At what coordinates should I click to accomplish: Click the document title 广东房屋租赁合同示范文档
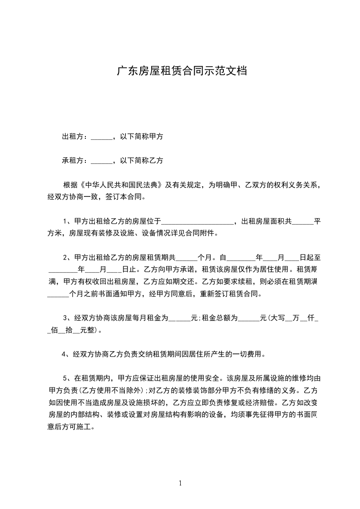coord(182,71)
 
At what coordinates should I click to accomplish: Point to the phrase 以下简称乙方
coord(142,160)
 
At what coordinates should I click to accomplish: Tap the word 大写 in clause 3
coord(277,318)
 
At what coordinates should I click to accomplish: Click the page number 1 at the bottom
coord(181,484)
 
